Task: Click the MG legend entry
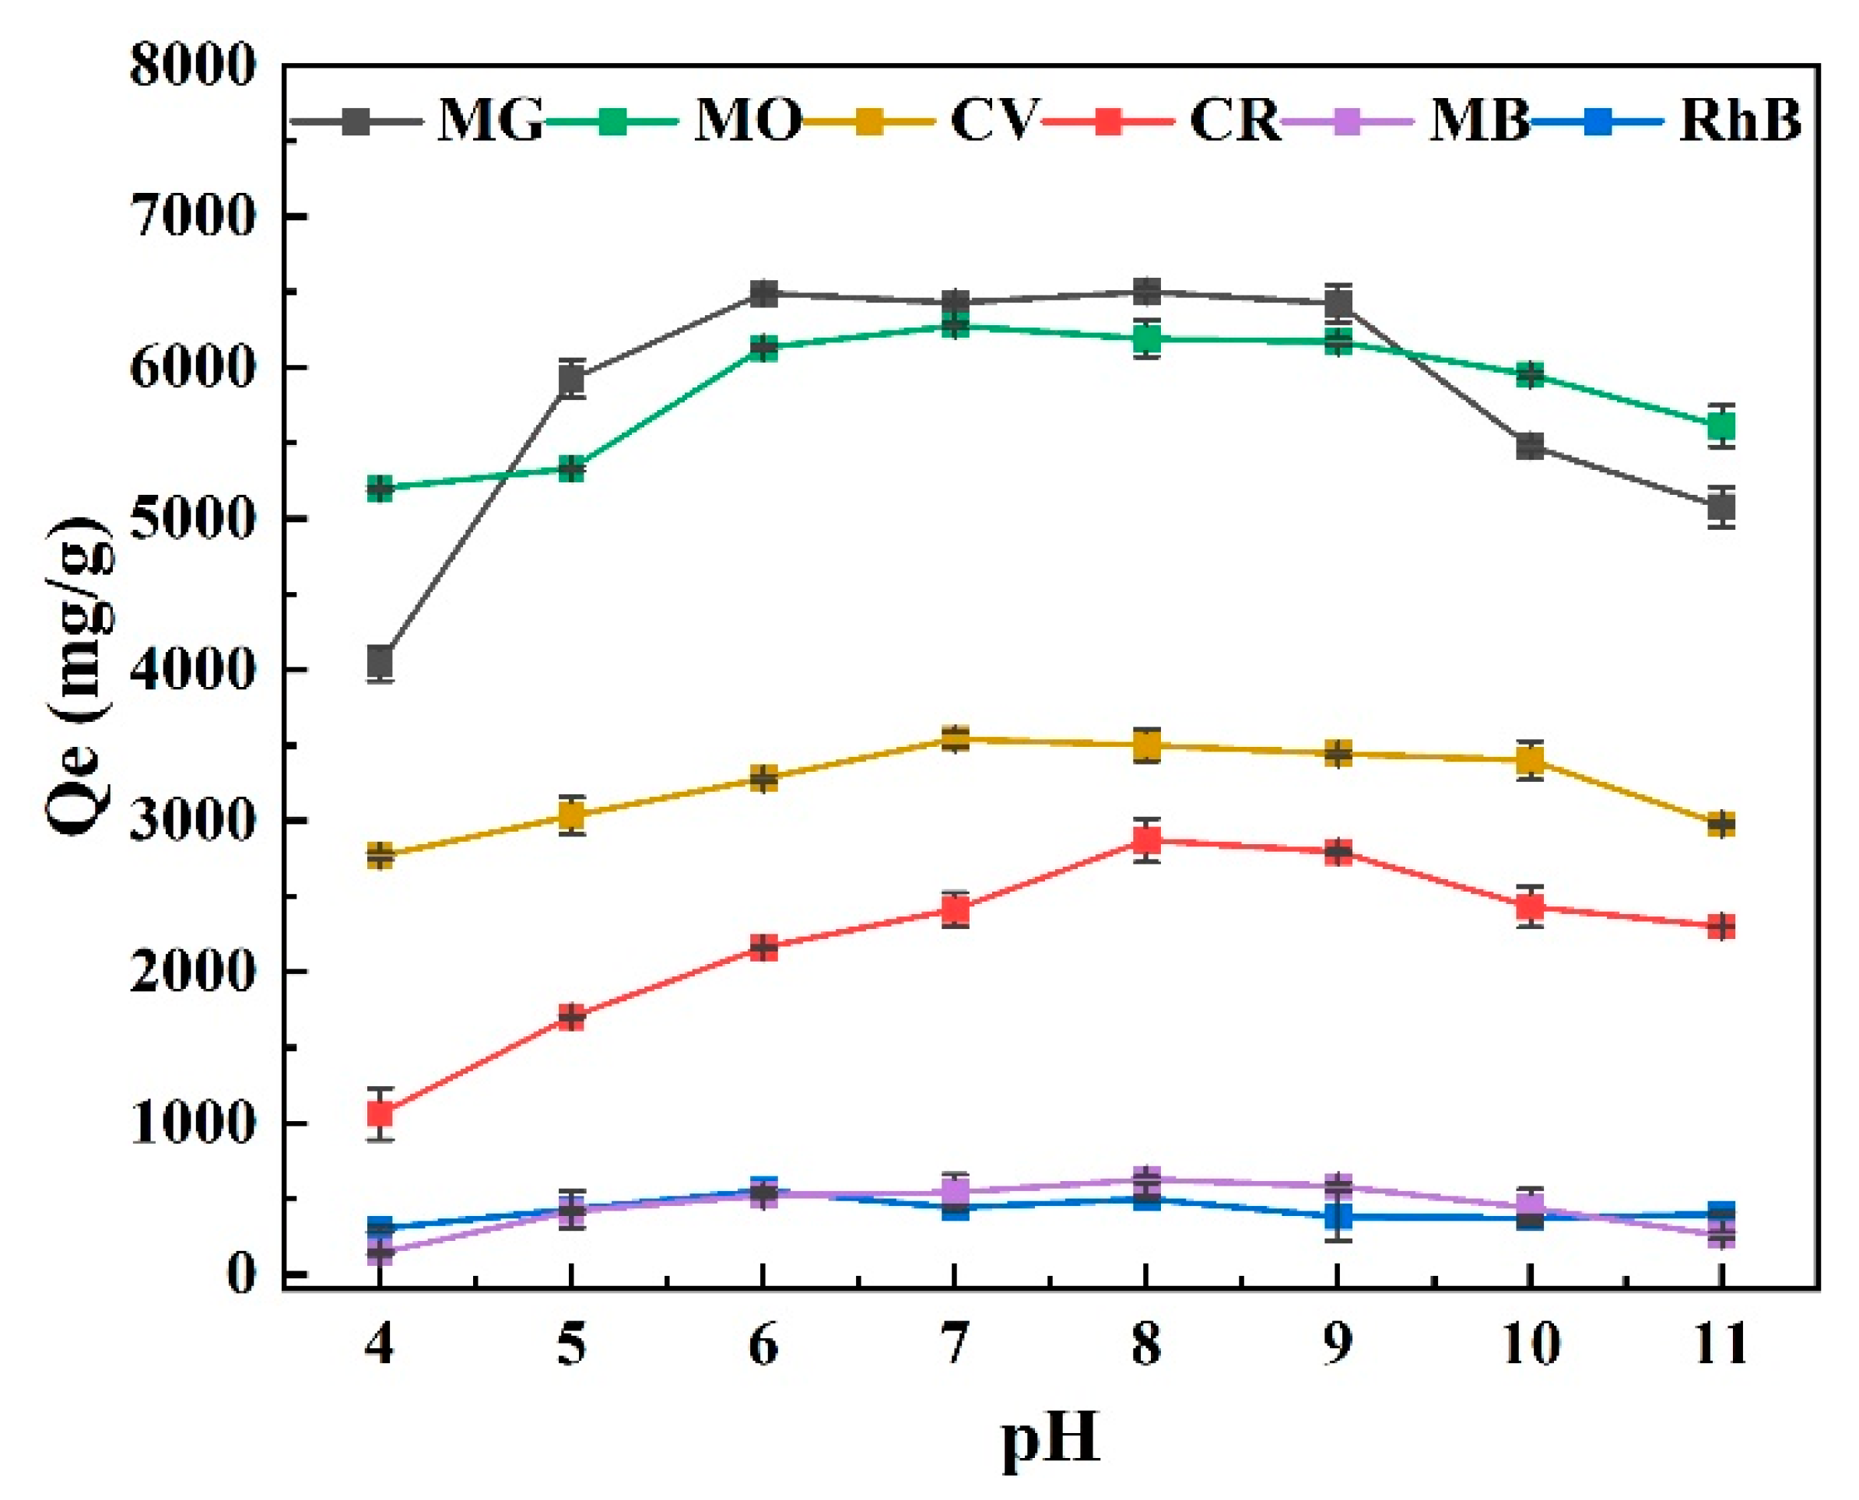[489, 120]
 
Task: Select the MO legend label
[747, 120]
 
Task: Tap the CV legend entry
[992, 120]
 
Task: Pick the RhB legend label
[1740, 120]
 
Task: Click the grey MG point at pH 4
[381, 663]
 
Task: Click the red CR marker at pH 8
[1146, 840]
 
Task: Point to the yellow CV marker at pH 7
[955, 739]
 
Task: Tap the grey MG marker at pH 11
[1721, 507]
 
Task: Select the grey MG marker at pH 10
[1530, 447]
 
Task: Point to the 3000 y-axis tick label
[193, 821]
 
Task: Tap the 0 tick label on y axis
[241, 1274]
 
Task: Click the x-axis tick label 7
[955, 1345]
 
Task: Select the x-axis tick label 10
[1530, 1345]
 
